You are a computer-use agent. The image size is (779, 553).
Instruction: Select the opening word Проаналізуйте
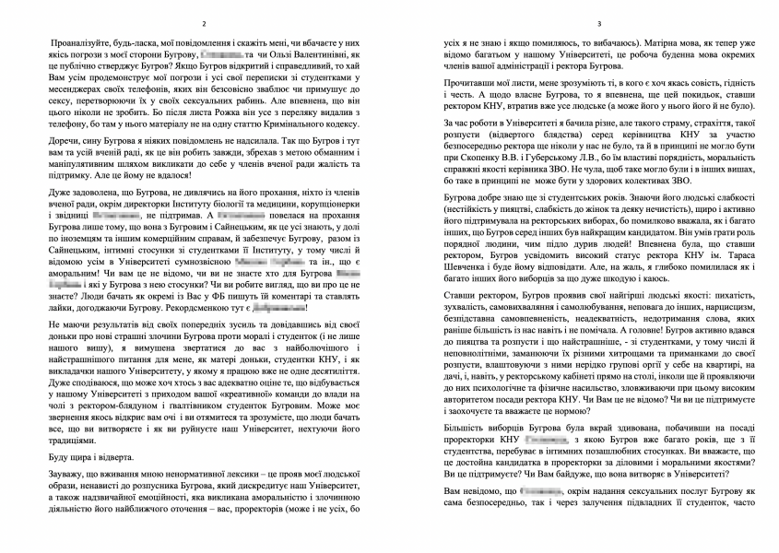[74, 43]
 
